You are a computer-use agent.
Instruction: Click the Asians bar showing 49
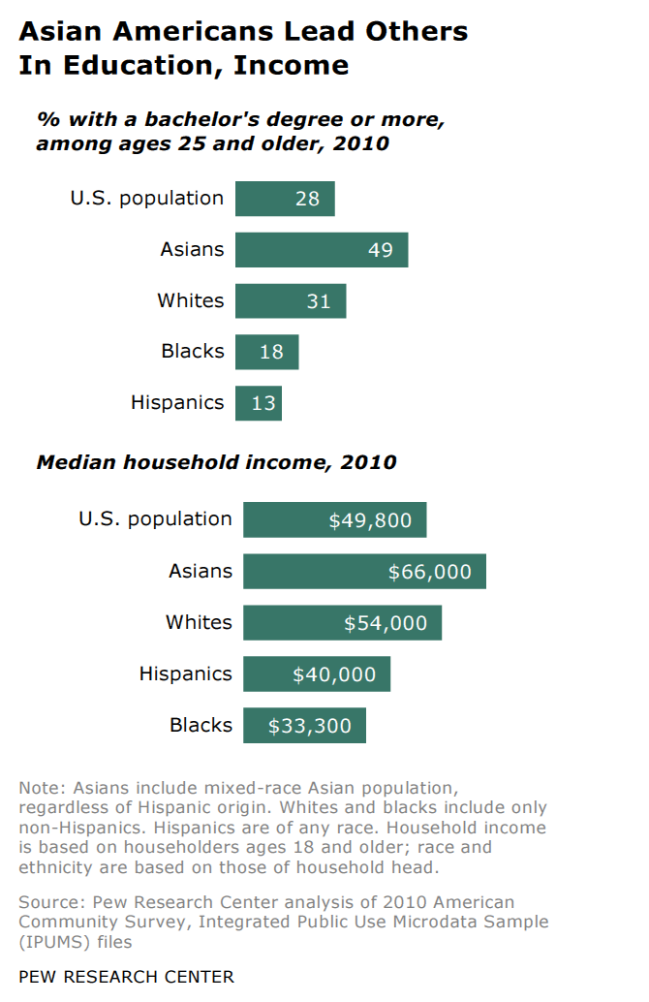[x=321, y=250]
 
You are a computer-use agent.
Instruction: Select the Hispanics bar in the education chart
[x=258, y=403]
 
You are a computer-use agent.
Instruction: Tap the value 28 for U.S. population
[x=307, y=199]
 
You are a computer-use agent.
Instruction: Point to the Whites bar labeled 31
[x=291, y=301]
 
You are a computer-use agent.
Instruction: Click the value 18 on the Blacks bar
[x=271, y=353]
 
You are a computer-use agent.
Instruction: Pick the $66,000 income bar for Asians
[x=364, y=572]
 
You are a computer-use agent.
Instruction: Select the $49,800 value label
[x=370, y=520]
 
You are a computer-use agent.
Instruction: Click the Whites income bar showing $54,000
[x=342, y=623]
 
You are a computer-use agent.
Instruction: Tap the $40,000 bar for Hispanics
[x=317, y=674]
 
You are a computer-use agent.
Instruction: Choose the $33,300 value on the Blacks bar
[x=310, y=726]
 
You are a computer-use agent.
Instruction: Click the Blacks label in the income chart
[x=201, y=726]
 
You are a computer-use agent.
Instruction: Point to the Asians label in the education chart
[x=192, y=250]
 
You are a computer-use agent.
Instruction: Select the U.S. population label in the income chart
[x=155, y=519]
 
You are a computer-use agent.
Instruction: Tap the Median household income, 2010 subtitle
[x=216, y=462]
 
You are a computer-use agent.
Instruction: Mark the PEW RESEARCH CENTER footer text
[x=126, y=977]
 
